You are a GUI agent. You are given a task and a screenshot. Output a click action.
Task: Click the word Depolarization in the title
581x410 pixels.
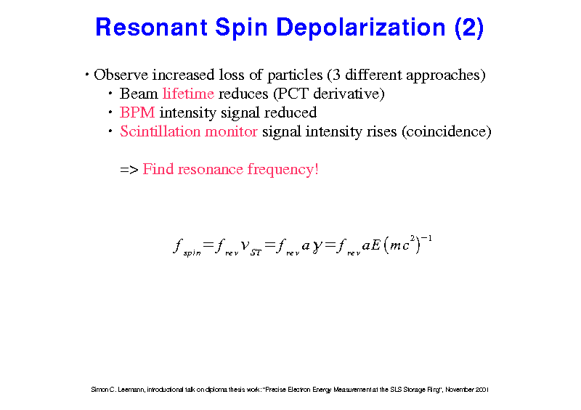(360, 28)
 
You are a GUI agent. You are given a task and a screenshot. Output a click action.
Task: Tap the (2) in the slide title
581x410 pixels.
(469, 28)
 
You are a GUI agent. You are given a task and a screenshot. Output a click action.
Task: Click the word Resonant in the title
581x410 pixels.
(151, 28)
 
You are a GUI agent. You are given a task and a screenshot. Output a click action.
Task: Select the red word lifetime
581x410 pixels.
(188, 94)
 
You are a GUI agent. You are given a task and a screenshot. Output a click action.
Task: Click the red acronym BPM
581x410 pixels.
(137, 112)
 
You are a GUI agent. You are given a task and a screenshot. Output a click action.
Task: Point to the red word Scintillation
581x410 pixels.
(160, 131)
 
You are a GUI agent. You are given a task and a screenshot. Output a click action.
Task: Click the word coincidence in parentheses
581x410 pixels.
(447, 131)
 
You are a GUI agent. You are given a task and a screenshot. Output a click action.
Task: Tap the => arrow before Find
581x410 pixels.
(129, 170)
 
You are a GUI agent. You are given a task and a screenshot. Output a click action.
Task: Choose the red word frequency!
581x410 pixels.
(283, 169)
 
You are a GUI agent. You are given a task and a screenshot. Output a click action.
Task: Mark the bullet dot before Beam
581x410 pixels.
(110, 93)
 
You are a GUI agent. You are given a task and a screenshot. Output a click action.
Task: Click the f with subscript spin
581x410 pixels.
(187, 247)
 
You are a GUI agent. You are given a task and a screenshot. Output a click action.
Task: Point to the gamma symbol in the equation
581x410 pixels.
(317, 247)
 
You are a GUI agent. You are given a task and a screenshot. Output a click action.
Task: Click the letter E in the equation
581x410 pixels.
(375, 245)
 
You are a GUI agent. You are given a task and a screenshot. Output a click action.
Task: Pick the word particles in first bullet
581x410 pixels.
(295, 75)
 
